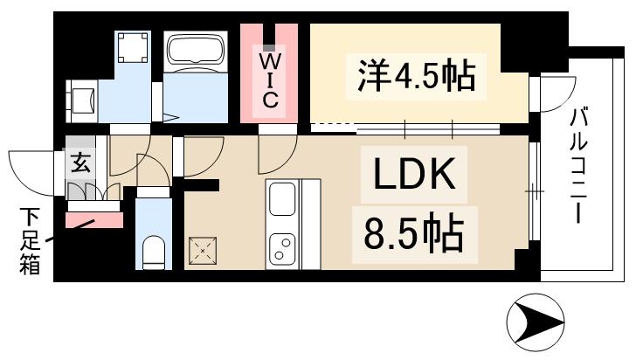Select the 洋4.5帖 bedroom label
point(416,77)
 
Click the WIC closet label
point(270,80)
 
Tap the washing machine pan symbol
point(134,50)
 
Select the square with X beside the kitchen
point(205,252)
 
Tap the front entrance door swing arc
point(35,171)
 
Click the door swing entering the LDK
point(273,156)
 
